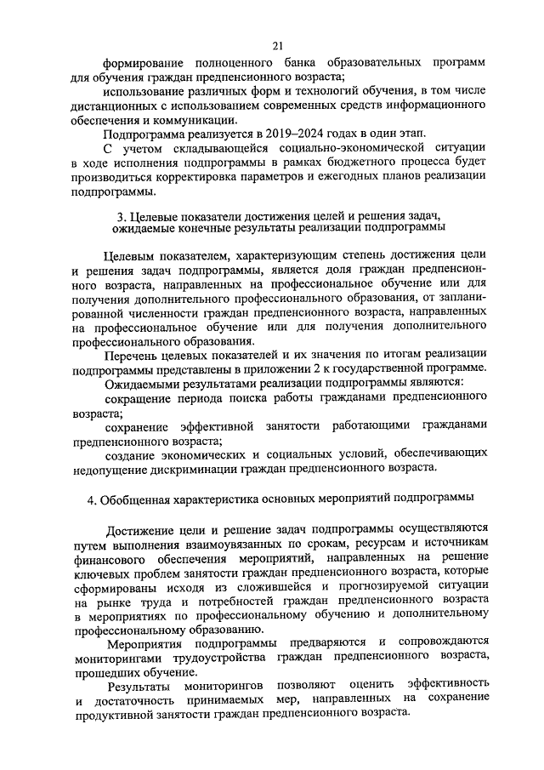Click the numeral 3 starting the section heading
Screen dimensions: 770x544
pyautogui.click(x=118, y=213)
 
